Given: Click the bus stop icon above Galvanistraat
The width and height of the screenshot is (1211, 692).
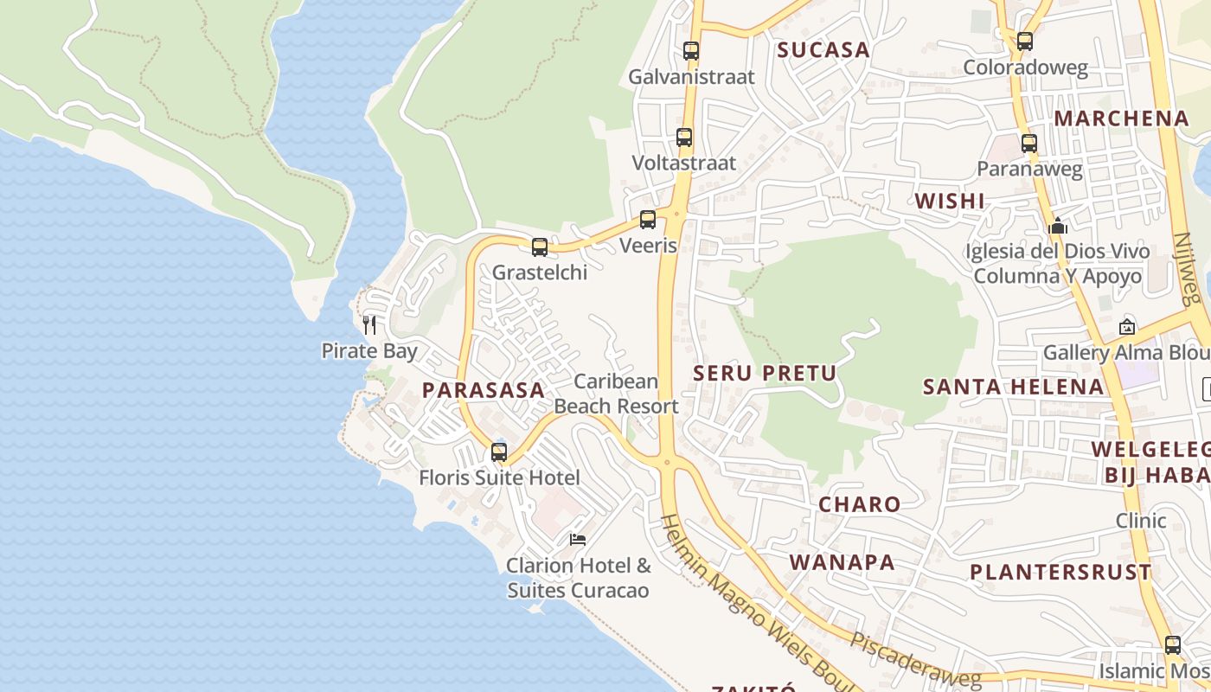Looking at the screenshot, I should click(690, 51).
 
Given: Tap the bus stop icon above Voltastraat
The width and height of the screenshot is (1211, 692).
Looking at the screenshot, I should click(684, 138).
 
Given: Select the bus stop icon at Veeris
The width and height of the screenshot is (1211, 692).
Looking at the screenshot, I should click(648, 220).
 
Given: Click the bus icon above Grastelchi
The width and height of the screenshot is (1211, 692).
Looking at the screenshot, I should click(540, 247).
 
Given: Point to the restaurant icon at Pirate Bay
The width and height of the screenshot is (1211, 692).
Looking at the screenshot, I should click(369, 325).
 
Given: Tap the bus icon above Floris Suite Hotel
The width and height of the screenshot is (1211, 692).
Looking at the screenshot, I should click(499, 452).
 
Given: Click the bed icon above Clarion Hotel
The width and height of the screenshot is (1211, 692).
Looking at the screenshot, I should click(578, 540).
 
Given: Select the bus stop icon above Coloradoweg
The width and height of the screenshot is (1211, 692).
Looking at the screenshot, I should click(1025, 41).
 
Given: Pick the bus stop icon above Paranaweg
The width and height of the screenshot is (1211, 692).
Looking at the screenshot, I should click(1029, 144).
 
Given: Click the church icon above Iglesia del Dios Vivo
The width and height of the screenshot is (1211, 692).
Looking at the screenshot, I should click(1058, 227).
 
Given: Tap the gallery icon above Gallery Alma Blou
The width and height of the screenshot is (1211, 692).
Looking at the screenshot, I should click(1127, 327).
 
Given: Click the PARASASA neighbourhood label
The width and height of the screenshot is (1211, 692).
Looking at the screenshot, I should click(484, 390).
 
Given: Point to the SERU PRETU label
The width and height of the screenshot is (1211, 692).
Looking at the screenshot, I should click(766, 374).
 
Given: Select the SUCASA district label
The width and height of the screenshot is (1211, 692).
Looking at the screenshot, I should click(823, 50).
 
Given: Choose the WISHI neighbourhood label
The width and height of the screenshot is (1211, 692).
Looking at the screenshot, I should click(950, 202).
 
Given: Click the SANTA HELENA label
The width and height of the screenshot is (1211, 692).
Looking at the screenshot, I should click(1014, 387).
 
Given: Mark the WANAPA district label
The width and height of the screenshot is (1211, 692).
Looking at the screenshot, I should click(842, 562).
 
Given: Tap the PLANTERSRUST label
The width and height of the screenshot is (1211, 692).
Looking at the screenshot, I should click(1060, 573).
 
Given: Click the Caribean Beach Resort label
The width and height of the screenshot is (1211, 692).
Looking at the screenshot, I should click(616, 394).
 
